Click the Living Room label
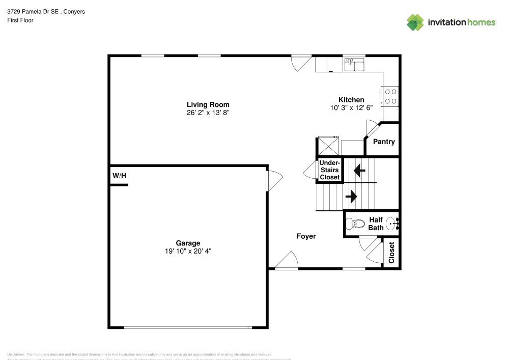point(208,104)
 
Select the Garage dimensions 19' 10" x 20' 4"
point(188,251)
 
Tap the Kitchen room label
point(351,100)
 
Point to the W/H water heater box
point(119,176)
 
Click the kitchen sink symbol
point(354,65)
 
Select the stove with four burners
point(391,96)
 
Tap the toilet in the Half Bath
point(355,223)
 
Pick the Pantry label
point(384,142)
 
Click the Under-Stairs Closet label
point(329,170)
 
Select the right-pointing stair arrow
point(351,196)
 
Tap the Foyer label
point(306,236)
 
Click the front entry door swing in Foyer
point(287,260)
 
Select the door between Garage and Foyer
point(273,180)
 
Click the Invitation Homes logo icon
point(415,22)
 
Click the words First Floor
point(20,20)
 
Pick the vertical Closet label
point(391,253)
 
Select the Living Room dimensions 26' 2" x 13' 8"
point(208,113)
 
